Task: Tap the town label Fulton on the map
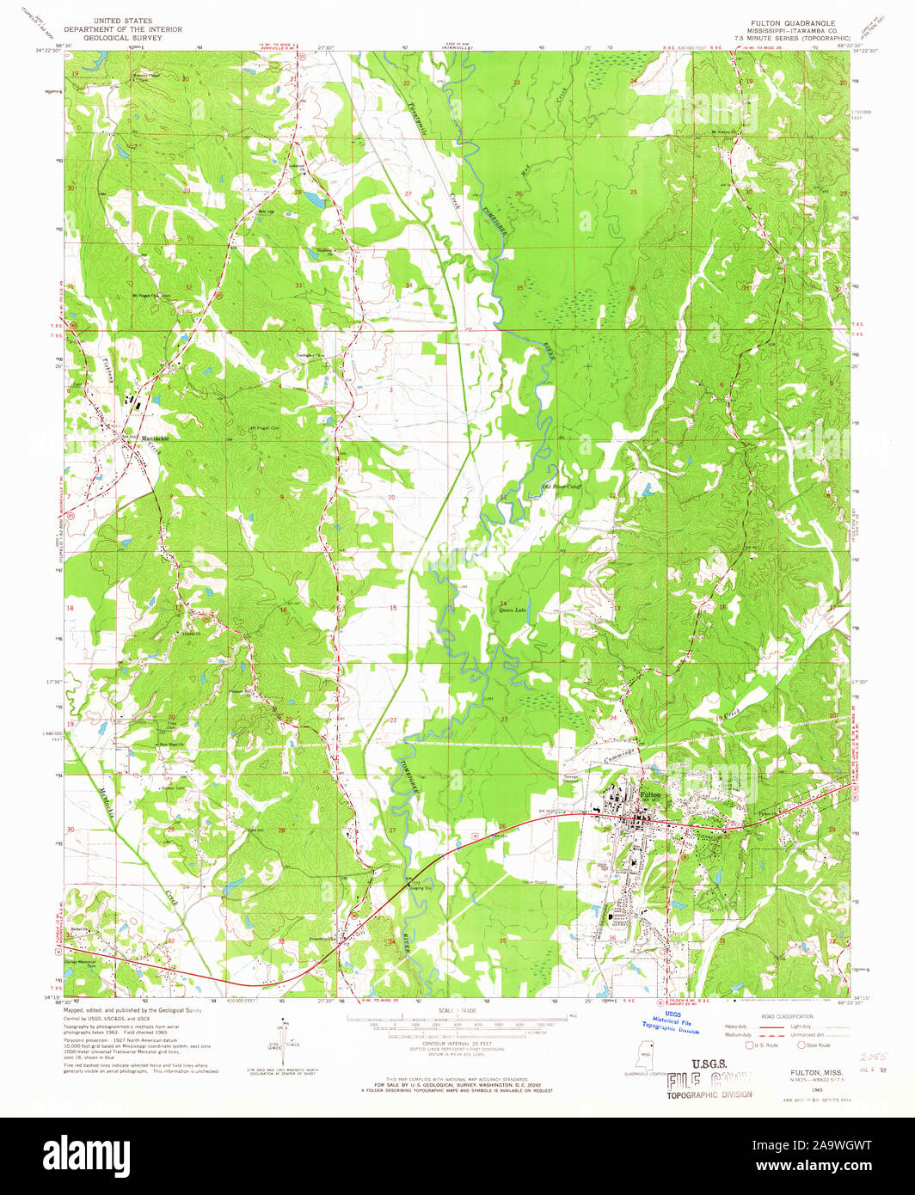pos(651,796)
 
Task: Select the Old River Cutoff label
pos(562,487)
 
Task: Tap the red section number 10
pos(391,498)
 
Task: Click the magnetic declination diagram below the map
pos(282,1039)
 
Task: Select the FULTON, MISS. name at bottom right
pos(813,1073)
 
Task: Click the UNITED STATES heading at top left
pos(123,21)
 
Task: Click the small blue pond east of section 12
pos(645,490)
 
